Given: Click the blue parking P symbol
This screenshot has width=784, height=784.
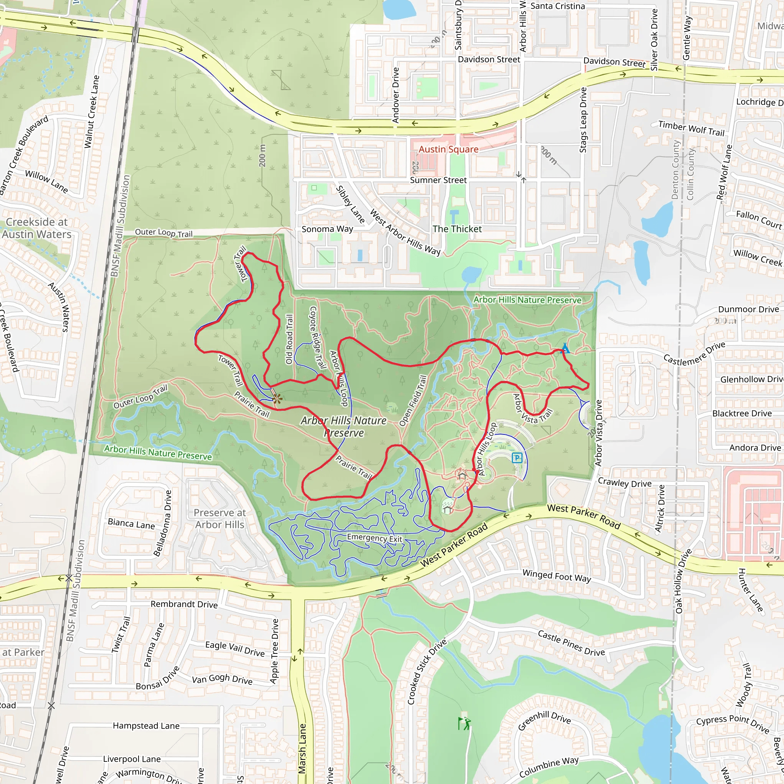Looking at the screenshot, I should click(516, 458).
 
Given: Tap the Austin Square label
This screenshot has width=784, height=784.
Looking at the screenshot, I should click(448, 149).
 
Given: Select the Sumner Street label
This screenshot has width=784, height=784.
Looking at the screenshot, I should click(438, 180).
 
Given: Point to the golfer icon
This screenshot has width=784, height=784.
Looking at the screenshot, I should click(464, 723).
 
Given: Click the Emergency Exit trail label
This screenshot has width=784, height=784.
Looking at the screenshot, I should click(374, 538).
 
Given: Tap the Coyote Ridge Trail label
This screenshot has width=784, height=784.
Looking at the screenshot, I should click(318, 337).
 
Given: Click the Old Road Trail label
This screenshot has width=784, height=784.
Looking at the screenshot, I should click(289, 339).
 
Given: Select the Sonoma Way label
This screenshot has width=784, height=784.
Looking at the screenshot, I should click(327, 229).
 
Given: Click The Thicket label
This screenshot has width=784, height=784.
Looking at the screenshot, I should click(457, 229).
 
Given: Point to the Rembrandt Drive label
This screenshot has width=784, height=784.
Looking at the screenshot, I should click(184, 604).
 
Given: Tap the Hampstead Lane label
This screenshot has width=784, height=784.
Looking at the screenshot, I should click(146, 725).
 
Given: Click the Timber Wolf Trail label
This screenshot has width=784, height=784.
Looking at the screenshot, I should click(691, 128).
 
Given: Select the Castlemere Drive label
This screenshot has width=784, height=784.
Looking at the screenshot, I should click(694, 354).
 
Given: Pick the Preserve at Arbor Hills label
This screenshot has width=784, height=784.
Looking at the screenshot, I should click(219, 519).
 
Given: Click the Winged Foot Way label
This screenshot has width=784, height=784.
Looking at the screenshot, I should click(556, 575).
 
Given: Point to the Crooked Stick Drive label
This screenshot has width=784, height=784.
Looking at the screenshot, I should click(426, 671).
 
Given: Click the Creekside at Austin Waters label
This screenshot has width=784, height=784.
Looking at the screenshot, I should click(36, 228).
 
